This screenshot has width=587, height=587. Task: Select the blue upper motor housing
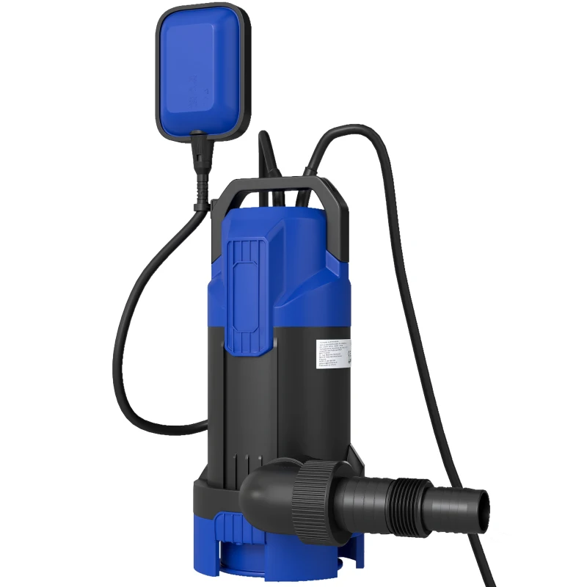(308, 249)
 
